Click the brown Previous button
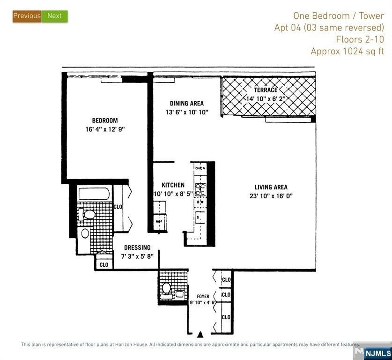click(x=27, y=16)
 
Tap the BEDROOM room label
click(x=105, y=120)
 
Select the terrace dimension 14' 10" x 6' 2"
click(x=269, y=98)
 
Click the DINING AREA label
click(x=186, y=103)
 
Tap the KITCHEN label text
click(x=173, y=185)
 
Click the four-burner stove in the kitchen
click(x=200, y=189)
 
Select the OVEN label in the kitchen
click(x=200, y=168)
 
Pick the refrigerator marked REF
click(x=159, y=221)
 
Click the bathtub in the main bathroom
click(x=94, y=194)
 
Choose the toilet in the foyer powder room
click(x=166, y=287)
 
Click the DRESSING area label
click(x=137, y=247)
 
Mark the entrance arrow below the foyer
click(x=200, y=334)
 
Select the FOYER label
click(x=203, y=296)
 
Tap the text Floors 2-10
click(x=360, y=39)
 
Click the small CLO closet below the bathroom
click(x=104, y=264)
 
